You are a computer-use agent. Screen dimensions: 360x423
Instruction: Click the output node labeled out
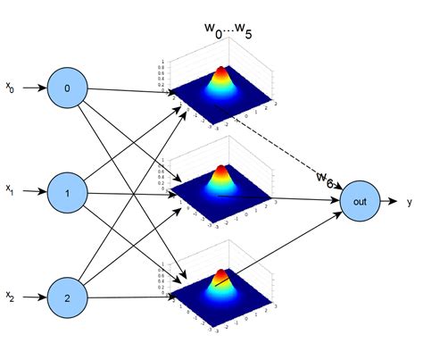click(361, 201)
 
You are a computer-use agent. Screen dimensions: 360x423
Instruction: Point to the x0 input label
click(10, 88)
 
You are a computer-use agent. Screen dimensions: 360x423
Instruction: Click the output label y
click(410, 203)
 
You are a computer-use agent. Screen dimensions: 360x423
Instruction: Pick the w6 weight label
click(326, 180)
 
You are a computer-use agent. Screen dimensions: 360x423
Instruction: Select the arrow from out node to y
click(391, 202)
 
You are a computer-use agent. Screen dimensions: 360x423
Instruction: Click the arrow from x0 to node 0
click(37, 88)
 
